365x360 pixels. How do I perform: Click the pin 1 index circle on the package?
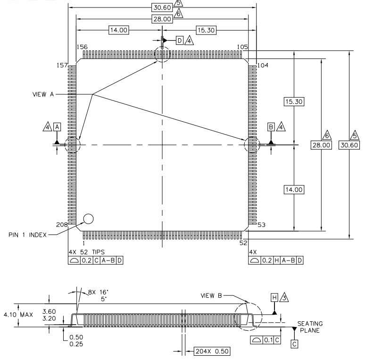(88, 218)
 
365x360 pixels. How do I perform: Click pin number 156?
(82, 47)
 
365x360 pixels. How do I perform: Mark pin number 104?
(263, 65)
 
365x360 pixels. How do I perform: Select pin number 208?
(62, 225)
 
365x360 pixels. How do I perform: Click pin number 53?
(261, 225)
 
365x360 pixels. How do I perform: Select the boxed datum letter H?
(274, 297)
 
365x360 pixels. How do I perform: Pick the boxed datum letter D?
(180, 41)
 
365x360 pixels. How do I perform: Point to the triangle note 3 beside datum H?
(284, 297)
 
